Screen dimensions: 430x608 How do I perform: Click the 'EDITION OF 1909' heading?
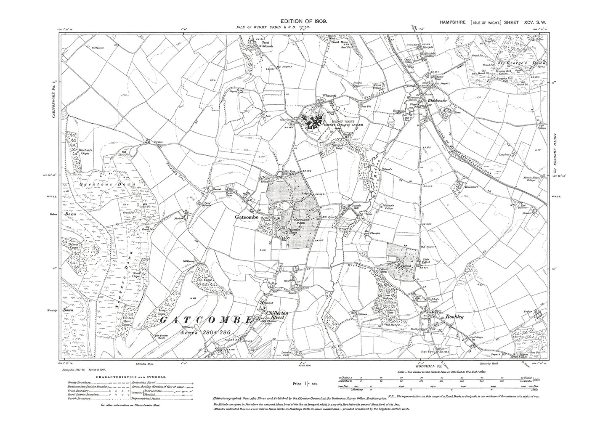click(x=303, y=21)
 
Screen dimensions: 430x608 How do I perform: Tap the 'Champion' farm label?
click(x=375, y=232)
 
